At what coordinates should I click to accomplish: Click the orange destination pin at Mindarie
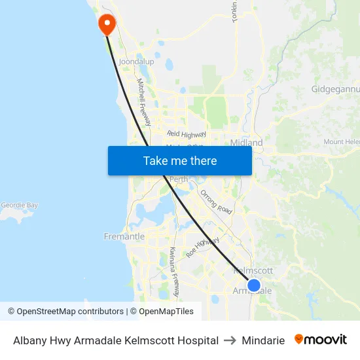pyautogui.click(x=106, y=24)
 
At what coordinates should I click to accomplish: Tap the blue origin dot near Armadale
pyautogui.click(x=254, y=285)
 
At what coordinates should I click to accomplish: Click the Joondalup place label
pyautogui.click(x=136, y=62)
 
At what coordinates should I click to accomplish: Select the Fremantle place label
pyautogui.click(x=124, y=236)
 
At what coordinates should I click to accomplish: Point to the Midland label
pyautogui.click(x=247, y=143)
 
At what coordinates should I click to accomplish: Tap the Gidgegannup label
pyautogui.click(x=335, y=88)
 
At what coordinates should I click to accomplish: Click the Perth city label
pyautogui.click(x=179, y=180)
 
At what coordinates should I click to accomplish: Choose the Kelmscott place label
pyautogui.click(x=253, y=270)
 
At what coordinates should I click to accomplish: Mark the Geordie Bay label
pyautogui.click(x=19, y=205)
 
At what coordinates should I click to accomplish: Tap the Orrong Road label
pyautogui.click(x=216, y=202)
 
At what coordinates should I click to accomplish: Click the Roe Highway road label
pyautogui.click(x=202, y=247)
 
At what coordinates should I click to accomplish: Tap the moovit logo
pyautogui.click(x=321, y=340)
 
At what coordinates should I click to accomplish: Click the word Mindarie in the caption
pyautogui.click(x=263, y=340)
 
